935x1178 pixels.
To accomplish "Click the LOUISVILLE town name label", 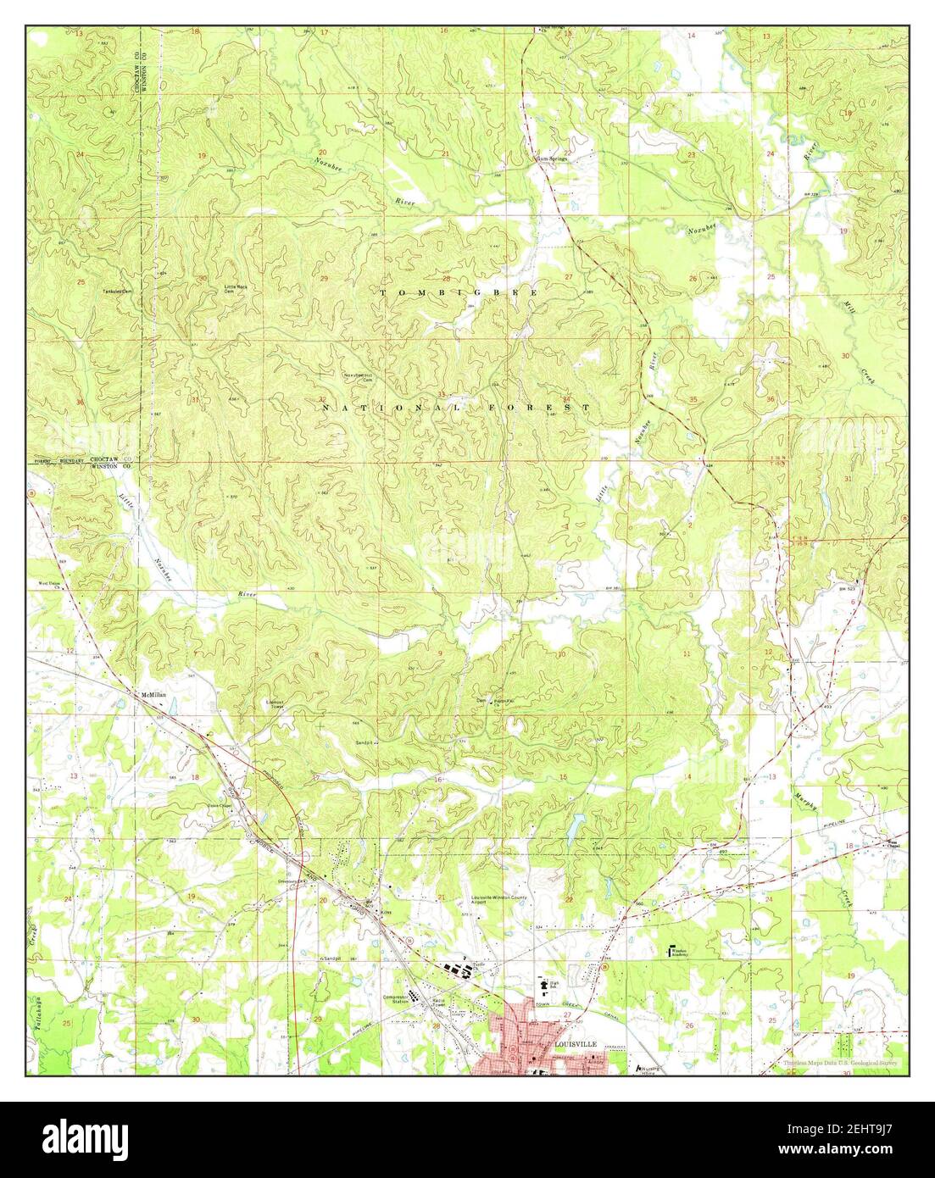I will point(574,1045).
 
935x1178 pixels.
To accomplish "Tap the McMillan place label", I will point(152,694).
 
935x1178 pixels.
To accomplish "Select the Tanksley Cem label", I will point(120,291).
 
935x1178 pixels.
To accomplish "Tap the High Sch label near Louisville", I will point(545,986).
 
